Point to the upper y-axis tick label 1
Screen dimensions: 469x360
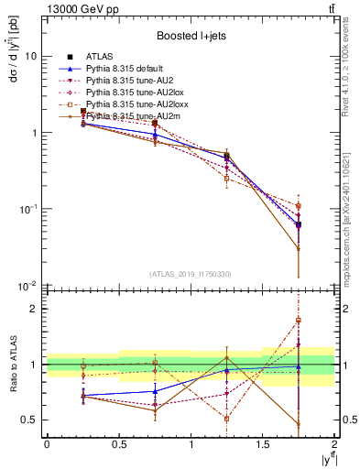tap(34, 133)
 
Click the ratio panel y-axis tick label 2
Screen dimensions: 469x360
tap(34, 309)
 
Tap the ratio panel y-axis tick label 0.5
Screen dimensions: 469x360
tap(30, 420)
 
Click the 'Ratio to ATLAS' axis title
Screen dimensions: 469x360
tap(11, 365)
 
